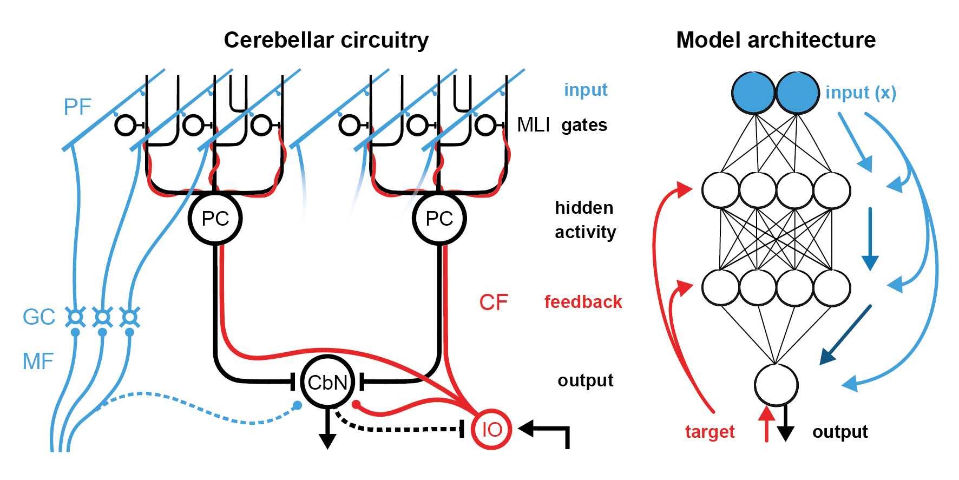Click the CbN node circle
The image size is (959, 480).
coord(327,382)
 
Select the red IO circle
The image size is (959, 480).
coord(491,429)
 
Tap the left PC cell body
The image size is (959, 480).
coord(215,219)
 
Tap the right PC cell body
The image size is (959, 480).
coord(439,219)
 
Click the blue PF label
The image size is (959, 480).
coord(77,107)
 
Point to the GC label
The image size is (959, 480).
coord(38,317)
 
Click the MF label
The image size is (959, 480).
coord(38,361)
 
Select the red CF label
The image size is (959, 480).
coord(493,303)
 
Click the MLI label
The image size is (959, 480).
coord(533,125)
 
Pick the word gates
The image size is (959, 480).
coord(584,125)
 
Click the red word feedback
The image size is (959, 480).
coord(583,302)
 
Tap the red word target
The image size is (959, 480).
coord(710,432)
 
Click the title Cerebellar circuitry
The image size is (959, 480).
coord(326,40)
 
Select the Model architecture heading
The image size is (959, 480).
coord(776,40)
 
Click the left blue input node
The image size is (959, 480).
coord(753,93)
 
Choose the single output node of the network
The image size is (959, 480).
coord(776,385)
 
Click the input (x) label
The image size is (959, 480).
coord(861,93)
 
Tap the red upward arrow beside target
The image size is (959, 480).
coord(766,425)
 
